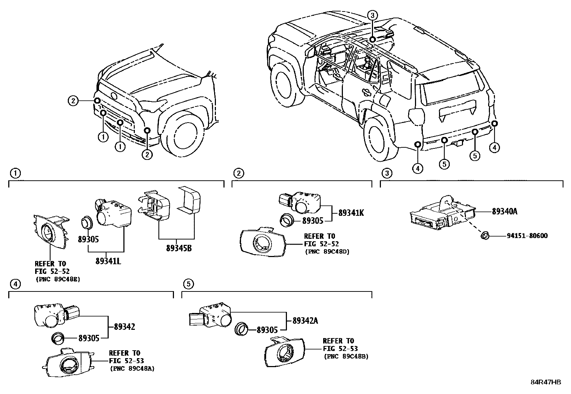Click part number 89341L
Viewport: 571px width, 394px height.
coord(108,261)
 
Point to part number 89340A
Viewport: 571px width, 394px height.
coord(505,212)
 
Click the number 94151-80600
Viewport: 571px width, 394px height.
coord(527,236)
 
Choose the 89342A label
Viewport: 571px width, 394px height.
coord(305,321)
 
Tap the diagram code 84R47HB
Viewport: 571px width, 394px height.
coord(546,382)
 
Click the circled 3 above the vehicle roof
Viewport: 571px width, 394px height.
coord(373,15)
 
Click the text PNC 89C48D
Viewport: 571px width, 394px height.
coord(327,252)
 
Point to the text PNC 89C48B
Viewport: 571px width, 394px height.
coord(346,356)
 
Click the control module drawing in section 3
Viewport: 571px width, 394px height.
coord(441,214)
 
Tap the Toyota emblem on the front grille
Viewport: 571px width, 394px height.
coord(114,96)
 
